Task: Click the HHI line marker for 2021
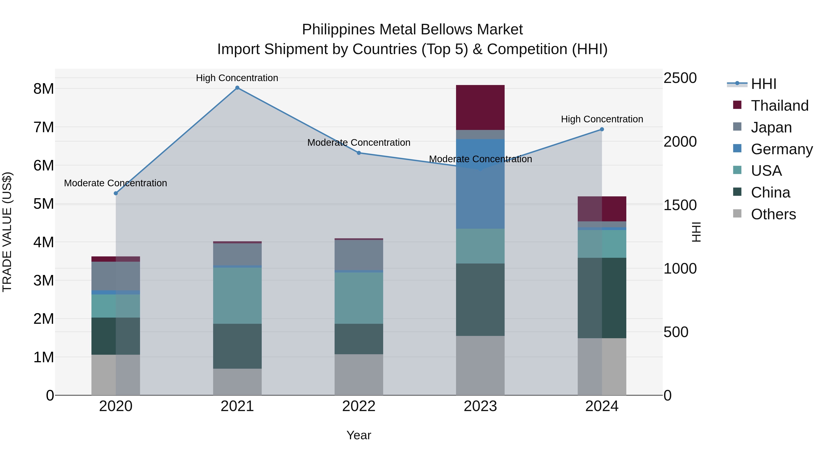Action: point(237,88)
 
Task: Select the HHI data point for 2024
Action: point(602,129)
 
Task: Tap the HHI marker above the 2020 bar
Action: point(116,193)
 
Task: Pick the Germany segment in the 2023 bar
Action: point(480,184)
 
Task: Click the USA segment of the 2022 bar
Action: point(359,298)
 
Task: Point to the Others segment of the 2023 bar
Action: point(480,365)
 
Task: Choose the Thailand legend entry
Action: point(779,106)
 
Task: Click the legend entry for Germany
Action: point(781,149)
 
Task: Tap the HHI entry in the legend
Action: point(763,84)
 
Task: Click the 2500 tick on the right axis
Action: point(680,78)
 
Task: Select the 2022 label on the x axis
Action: point(359,406)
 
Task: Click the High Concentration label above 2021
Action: point(237,78)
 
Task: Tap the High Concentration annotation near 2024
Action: point(602,119)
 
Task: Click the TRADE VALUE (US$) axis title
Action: point(7,232)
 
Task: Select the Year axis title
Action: point(359,435)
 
